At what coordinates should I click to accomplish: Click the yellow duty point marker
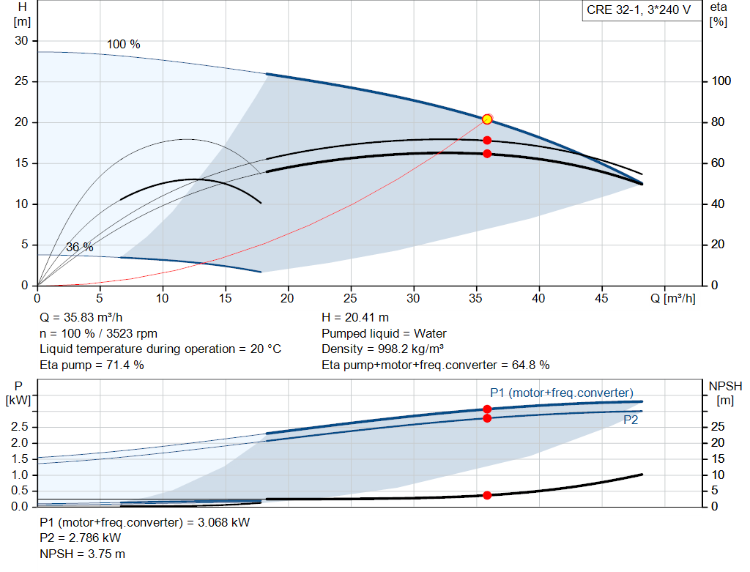tap(487, 119)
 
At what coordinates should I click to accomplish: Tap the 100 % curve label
tap(123, 45)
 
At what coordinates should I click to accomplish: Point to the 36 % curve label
tap(80, 248)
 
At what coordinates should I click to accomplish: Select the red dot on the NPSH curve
tap(487, 496)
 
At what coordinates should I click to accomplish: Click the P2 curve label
tap(631, 420)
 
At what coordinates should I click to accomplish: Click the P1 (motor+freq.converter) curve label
tap(562, 393)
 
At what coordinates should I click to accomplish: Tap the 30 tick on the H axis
tap(21, 41)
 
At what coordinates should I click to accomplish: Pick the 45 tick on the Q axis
tap(602, 298)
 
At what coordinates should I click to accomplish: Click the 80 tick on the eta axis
tap(718, 122)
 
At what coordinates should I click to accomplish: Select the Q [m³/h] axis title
tap(673, 298)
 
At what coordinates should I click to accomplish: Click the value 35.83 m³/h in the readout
tap(93, 318)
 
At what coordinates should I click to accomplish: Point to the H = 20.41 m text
tap(355, 318)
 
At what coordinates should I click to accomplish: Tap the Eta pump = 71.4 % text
tap(92, 365)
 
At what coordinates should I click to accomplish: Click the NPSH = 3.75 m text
tap(83, 554)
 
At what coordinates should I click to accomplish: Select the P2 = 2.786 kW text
tap(81, 538)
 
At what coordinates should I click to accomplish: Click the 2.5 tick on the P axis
tap(20, 426)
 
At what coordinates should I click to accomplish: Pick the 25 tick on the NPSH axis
tap(718, 426)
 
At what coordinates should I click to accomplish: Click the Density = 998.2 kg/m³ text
tap(382, 349)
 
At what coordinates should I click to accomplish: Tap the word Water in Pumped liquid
tap(430, 333)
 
